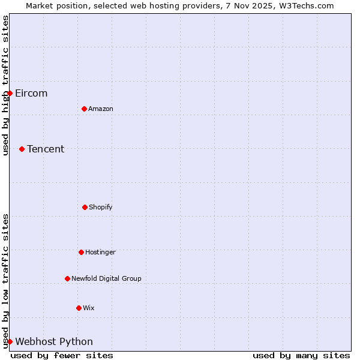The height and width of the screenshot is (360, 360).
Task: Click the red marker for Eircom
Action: (x=10, y=93)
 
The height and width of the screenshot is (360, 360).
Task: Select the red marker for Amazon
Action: (x=84, y=109)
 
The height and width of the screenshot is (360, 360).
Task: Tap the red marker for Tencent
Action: (x=22, y=149)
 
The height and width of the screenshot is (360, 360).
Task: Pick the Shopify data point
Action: (x=85, y=207)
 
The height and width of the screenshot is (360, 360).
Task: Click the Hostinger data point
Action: (x=81, y=252)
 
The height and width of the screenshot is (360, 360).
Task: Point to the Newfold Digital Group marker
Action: (x=67, y=278)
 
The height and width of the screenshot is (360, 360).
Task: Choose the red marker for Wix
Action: (x=79, y=308)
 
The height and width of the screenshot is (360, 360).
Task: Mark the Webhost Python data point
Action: (x=10, y=341)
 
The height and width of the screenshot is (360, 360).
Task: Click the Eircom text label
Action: (x=31, y=94)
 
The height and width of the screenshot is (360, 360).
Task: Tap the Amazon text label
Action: (x=101, y=109)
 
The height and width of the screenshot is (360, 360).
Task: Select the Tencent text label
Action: (x=46, y=149)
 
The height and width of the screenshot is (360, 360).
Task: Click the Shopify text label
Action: (x=101, y=208)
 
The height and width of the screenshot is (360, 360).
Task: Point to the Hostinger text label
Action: (x=100, y=253)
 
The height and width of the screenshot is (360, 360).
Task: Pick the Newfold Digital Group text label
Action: (x=107, y=279)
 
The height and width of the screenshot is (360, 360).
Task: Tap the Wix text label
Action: (x=89, y=308)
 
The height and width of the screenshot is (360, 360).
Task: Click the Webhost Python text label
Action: (x=54, y=342)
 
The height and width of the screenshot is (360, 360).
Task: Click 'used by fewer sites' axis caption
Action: (x=62, y=355)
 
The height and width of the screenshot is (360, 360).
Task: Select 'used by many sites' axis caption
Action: (x=301, y=355)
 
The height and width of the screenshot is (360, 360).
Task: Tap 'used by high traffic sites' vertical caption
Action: (x=5, y=85)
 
